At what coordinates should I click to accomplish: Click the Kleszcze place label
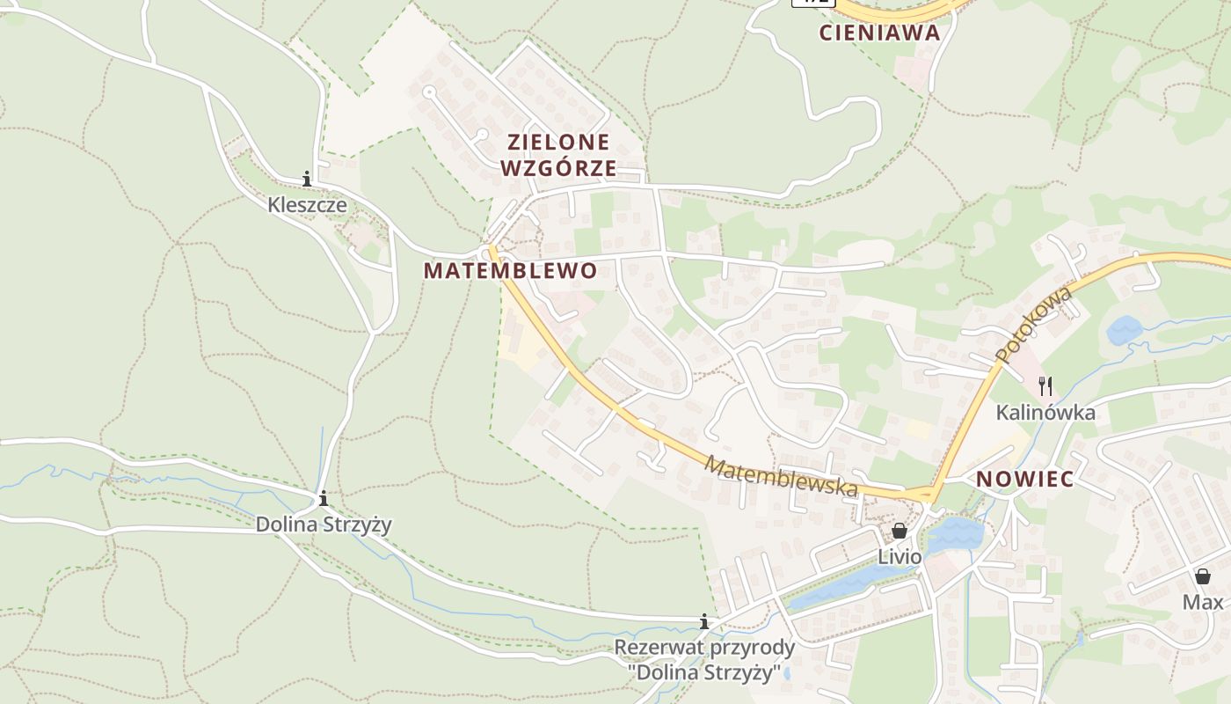307,206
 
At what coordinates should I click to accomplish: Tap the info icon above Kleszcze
307,180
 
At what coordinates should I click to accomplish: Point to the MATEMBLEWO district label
510,271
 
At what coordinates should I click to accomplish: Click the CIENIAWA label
879,33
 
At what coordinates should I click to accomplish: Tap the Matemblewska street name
782,476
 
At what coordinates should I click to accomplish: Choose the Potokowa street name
1035,324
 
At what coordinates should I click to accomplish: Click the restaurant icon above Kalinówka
1045,385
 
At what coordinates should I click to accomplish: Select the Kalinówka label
1045,413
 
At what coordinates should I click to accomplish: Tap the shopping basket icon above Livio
900,531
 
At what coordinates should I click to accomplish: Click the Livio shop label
900,557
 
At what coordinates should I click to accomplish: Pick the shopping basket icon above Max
1203,576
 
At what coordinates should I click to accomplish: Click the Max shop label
1203,603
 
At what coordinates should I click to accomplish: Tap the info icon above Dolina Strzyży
324,499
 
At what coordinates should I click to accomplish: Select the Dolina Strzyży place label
324,525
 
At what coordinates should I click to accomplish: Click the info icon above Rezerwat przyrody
704,622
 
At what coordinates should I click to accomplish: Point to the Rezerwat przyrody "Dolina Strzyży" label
704,661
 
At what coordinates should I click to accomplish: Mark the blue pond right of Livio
956,533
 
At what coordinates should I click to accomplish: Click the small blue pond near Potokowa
1125,331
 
